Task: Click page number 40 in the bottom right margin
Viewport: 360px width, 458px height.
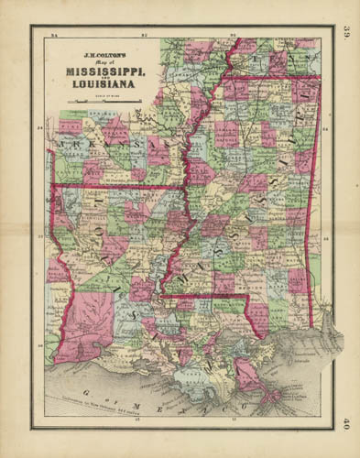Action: tap(346, 422)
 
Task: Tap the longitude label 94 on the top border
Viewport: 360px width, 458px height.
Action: tap(56, 34)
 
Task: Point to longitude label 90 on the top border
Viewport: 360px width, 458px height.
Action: tap(233, 34)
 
